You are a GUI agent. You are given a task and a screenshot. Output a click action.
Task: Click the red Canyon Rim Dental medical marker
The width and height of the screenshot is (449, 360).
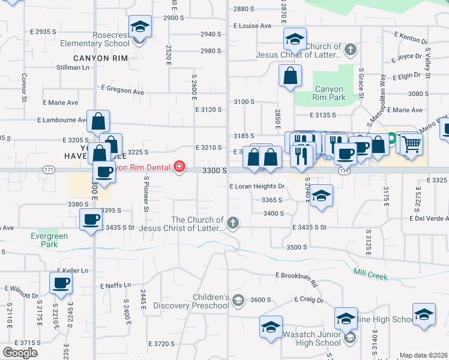pos(179,167)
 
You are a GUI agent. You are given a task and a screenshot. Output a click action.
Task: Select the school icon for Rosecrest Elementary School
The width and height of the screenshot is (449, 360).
pos(140,28)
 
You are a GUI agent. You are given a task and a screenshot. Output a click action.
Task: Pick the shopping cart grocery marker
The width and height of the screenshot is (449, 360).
pos(411,143)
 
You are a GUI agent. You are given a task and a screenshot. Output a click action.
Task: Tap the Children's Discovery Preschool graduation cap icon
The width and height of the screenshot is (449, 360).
pos(238,301)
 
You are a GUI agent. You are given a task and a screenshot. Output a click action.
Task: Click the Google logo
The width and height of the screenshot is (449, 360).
pos(20,353)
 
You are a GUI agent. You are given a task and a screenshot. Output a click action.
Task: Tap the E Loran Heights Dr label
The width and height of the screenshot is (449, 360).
pos(256,187)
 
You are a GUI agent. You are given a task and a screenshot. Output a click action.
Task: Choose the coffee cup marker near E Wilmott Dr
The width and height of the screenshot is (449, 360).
pos(61,283)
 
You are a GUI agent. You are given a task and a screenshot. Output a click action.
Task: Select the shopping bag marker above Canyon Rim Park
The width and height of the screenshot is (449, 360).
pos(290,76)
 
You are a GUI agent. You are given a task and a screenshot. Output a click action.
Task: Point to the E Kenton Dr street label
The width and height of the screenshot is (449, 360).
pos(411,38)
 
